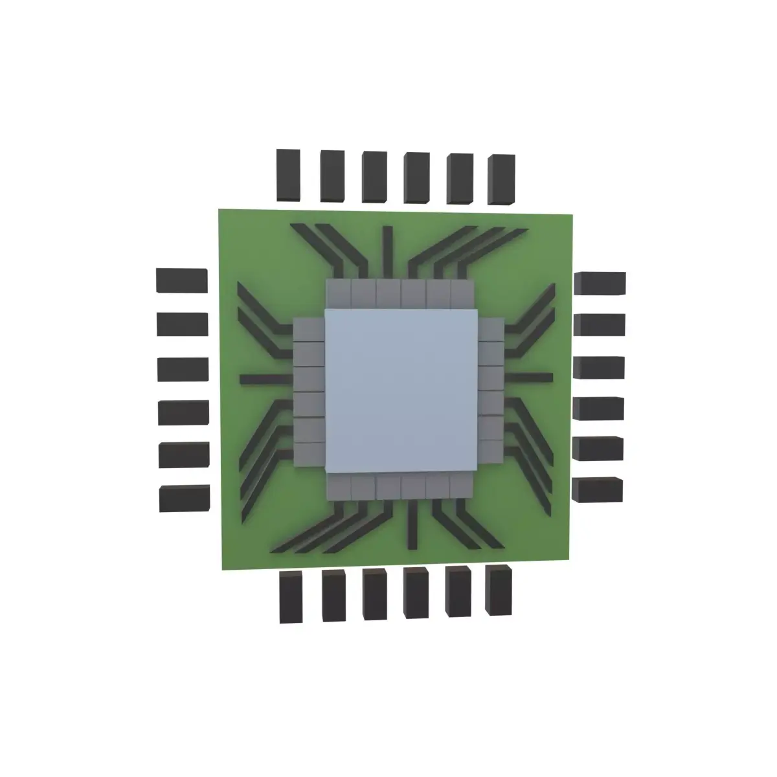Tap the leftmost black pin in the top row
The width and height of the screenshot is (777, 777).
(x=288, y=175)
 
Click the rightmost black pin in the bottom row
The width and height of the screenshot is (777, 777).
(x=498, y=591)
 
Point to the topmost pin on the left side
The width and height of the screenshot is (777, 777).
(x=182, y=281)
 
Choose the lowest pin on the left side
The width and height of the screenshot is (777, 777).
(x=185, y=499)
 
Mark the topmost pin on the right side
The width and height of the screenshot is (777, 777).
(x=600, y=284)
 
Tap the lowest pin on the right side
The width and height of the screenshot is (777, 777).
(x=597, y=490)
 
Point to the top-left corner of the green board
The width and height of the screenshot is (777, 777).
(x=220, y=210)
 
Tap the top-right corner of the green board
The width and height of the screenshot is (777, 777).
(x=573, y=214)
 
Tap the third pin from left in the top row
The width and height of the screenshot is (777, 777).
(x=374, y=177)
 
